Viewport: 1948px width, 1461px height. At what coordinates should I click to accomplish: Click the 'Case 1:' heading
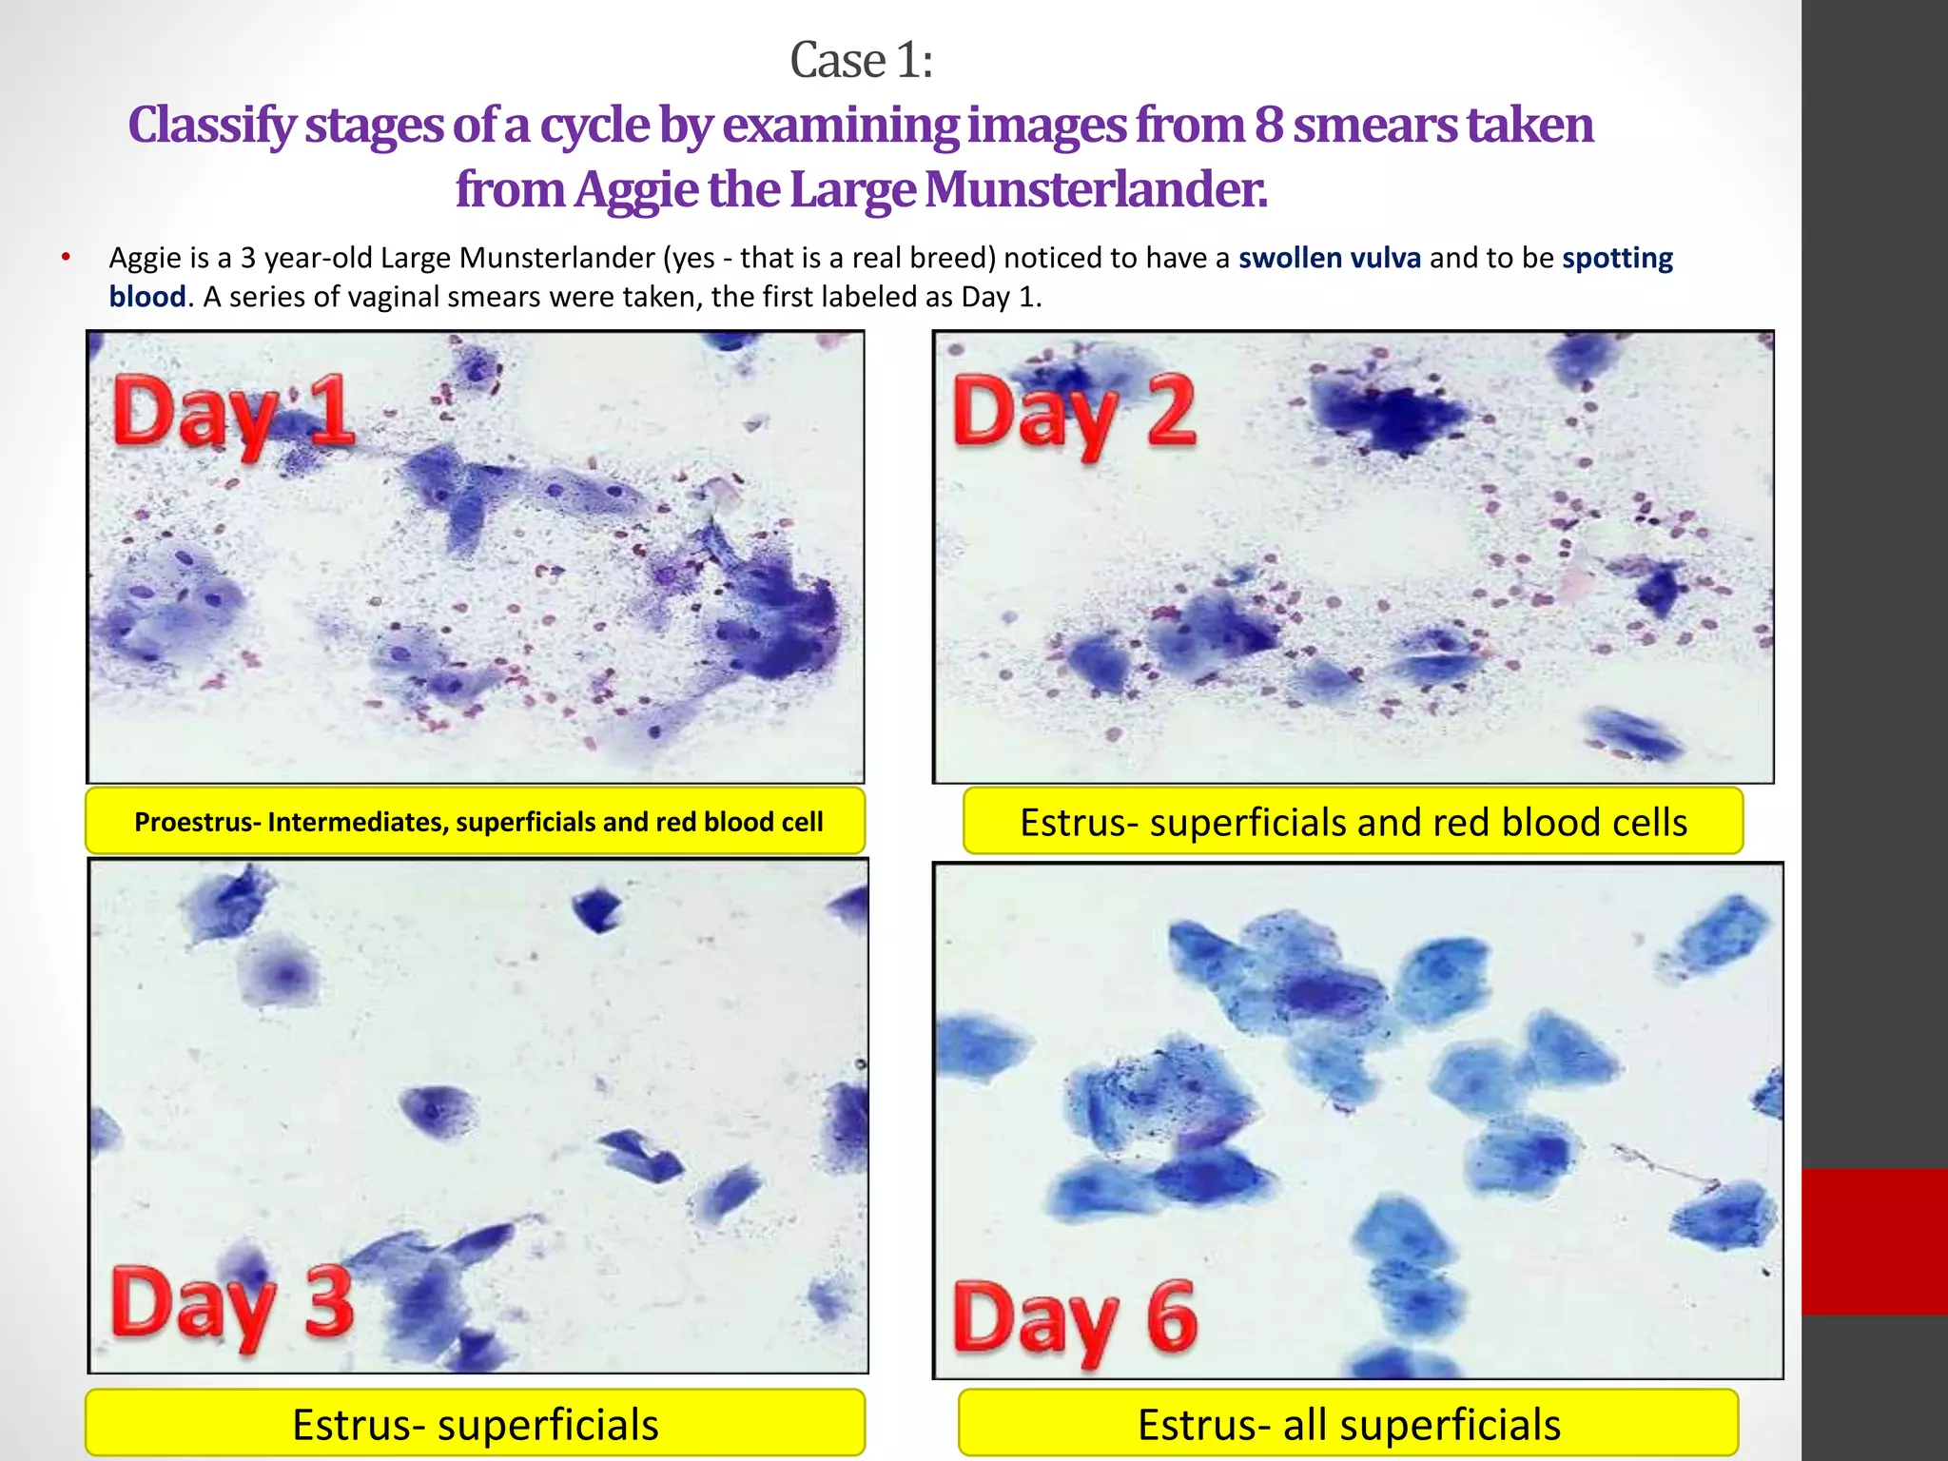click(x=861, y=62)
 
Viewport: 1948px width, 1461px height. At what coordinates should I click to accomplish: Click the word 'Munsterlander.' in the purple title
click(x=1096, y=189)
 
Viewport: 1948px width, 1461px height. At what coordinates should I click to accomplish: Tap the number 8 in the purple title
click(x=1269, y=126)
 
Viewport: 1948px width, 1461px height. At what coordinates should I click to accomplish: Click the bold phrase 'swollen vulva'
click(x=1329, y=258)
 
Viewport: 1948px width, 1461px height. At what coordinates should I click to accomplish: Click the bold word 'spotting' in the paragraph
click(x=1617, y=258)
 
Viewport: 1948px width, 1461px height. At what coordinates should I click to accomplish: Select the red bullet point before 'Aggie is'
click(x=66, y=257)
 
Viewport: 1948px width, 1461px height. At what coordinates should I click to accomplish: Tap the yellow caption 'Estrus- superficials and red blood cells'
click(x=1353, y=822)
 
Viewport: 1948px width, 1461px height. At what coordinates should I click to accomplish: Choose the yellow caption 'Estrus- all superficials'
click(x=1348, y=1424)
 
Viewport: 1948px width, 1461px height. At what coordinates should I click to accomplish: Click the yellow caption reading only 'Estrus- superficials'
click(x=475, y=1424)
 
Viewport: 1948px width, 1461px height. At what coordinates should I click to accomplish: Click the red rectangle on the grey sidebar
click(x=1874, y=1241)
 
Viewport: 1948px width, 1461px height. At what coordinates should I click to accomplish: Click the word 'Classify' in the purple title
click(x=211, y=126)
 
